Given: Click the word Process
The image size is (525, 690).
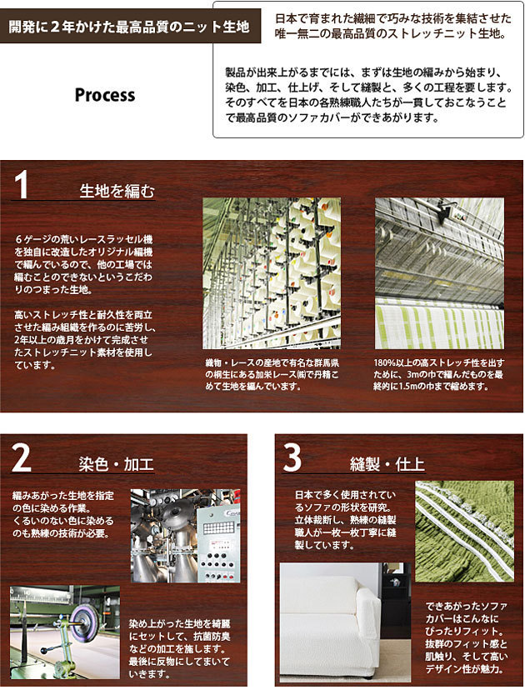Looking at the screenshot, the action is [x=105, y=96].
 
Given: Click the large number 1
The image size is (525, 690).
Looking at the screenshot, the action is [x=20, y=185].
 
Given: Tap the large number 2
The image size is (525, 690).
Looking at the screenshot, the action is [x=21, y=458].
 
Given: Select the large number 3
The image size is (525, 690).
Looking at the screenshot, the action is [x=292, y=458].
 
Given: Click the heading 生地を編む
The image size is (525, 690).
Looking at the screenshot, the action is [x=117, y=191].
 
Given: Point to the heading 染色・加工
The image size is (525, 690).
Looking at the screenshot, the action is [x=116, y=464].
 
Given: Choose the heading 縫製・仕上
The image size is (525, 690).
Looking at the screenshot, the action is [x=387, y=464].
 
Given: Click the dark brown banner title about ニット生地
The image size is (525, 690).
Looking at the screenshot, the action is [x=129, y=27].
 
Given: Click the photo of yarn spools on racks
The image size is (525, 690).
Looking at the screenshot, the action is [x=272, y=273].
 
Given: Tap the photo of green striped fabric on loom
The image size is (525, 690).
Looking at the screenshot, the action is [x=440, y=273].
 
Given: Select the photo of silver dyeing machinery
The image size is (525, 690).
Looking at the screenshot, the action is [x=186, y=536].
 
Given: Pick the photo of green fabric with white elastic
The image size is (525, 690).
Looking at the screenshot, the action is [x=465, y=531].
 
